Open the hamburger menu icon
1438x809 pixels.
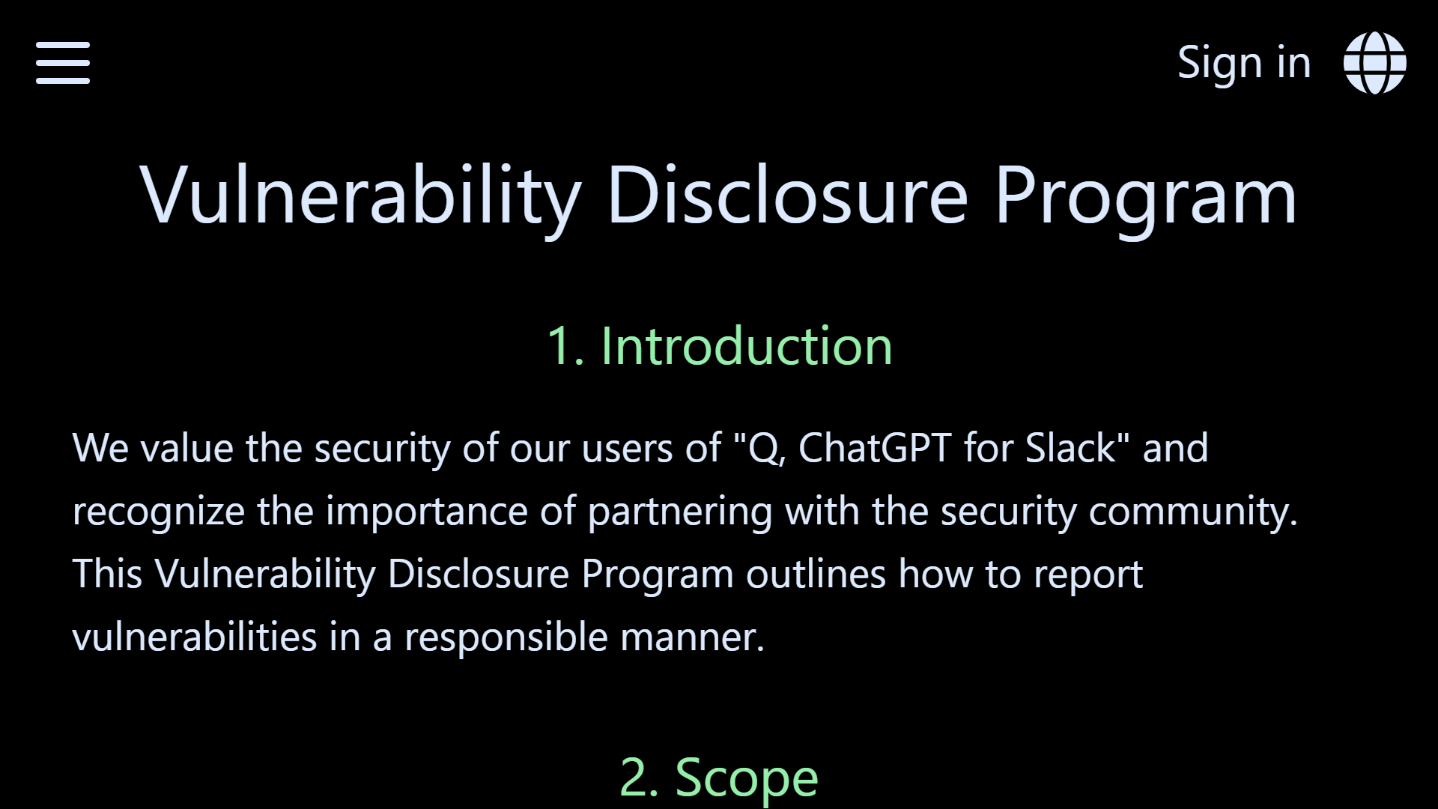63,63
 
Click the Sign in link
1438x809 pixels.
1244,63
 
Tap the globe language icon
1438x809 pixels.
1374,63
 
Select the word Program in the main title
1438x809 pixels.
1145,196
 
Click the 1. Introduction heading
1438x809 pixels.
719,346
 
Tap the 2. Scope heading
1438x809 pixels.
719,778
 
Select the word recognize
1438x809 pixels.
158,512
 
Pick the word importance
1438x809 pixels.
426,512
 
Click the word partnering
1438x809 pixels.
679,512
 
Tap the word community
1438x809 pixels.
1193,512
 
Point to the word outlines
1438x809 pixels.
816,575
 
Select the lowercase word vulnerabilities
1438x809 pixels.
195,637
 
